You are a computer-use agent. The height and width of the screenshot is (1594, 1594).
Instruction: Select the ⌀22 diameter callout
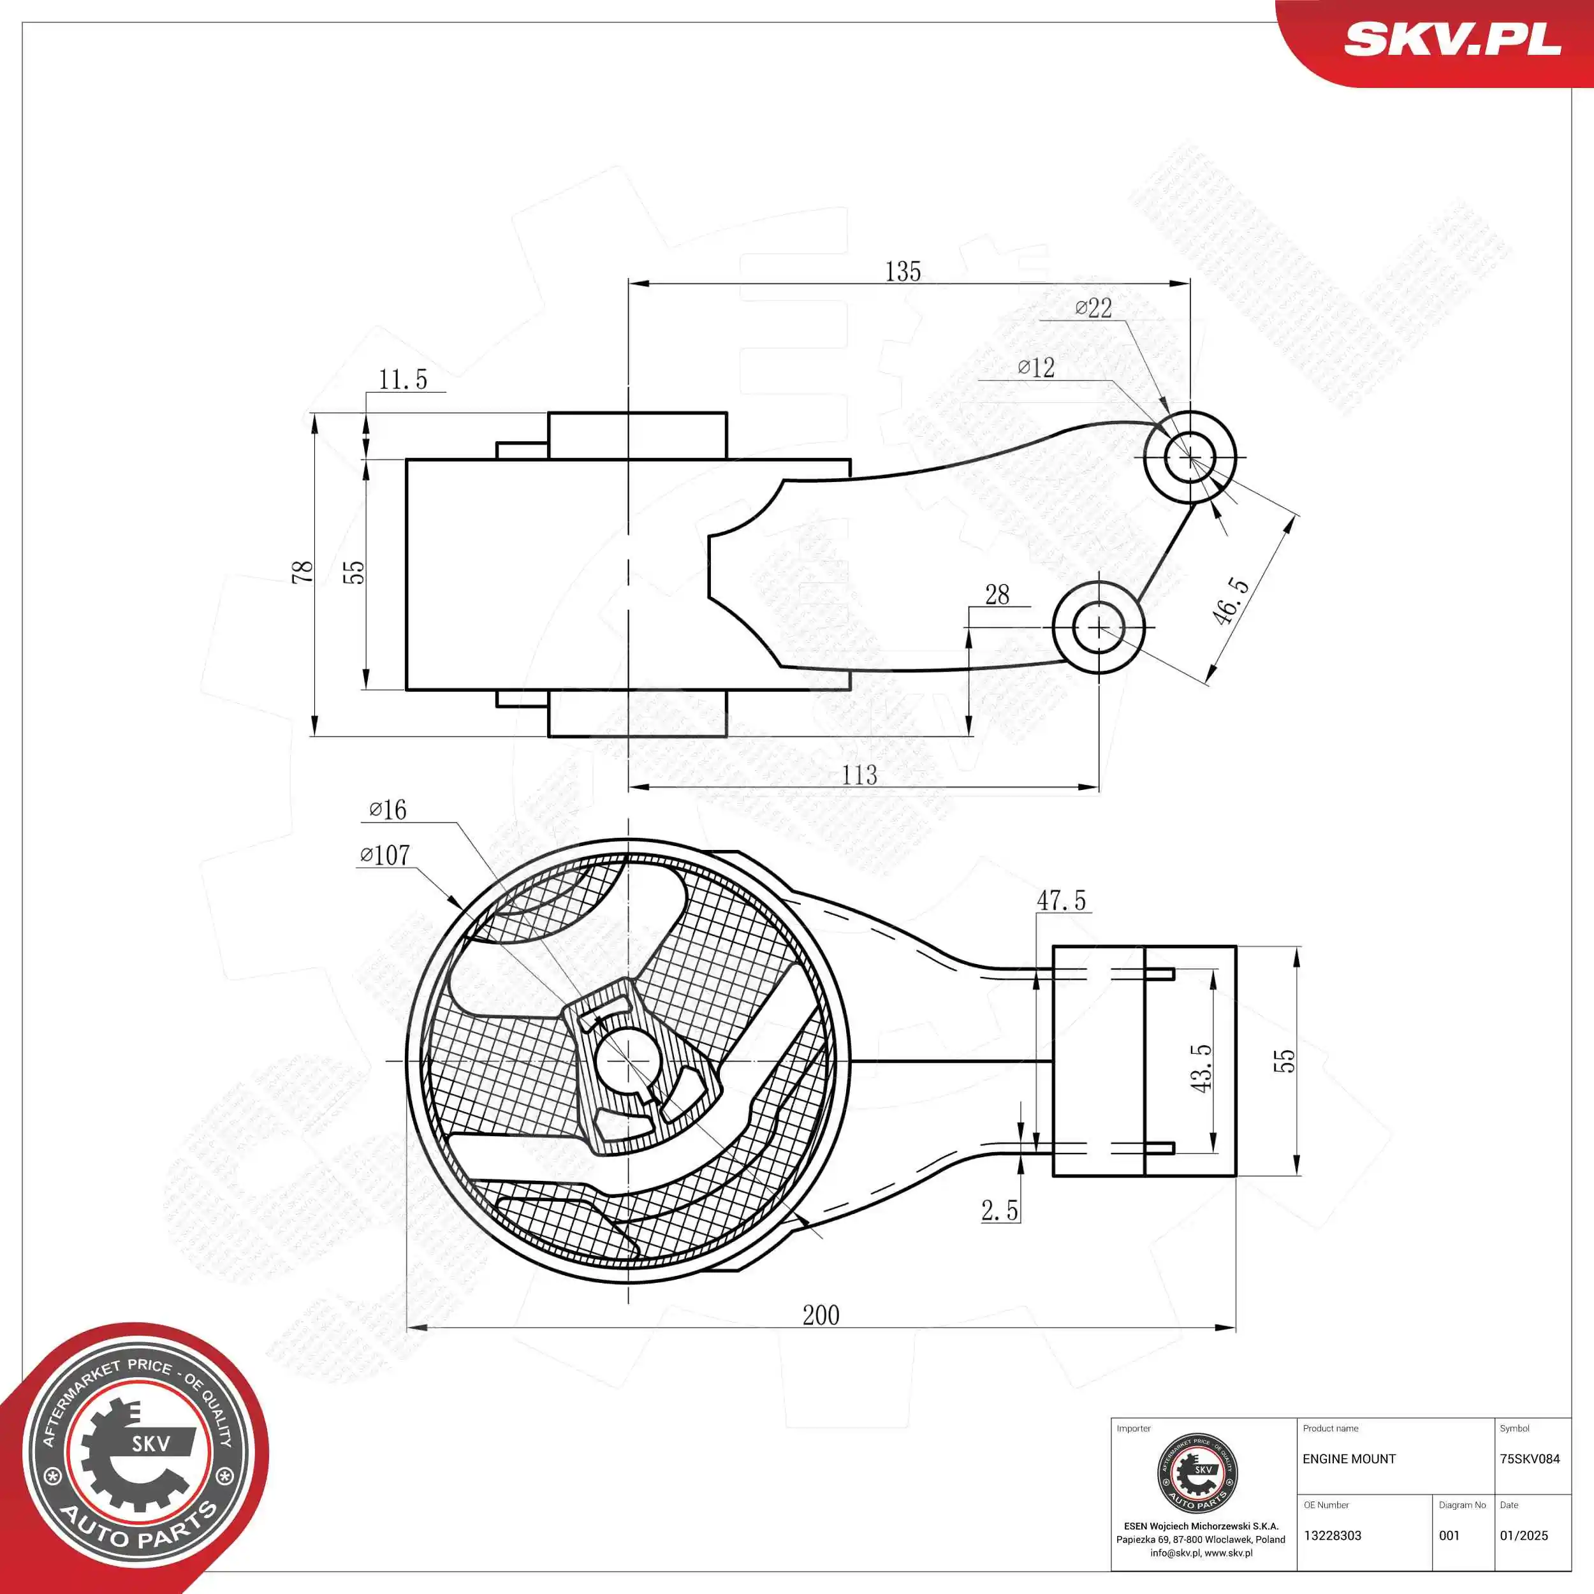pos(1093,309)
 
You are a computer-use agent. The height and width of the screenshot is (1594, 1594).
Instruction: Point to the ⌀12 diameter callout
pos(1035,367)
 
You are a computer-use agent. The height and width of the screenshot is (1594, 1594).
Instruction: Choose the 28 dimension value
pos(997,594)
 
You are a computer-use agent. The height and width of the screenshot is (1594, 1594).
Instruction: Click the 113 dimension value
pos(859,775)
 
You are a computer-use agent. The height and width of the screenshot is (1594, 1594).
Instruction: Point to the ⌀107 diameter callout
pos(384,855)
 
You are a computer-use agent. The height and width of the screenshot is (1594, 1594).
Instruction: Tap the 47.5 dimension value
pos(1061,900)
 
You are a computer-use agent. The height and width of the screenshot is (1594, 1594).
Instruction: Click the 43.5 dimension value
pos(1201,1069)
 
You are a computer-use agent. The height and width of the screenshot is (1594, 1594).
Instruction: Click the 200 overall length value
pos(821,1315)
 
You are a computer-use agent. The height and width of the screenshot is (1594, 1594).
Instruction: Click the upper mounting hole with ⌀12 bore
pos(1190,457)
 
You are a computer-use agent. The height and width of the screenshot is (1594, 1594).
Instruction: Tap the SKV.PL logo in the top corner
pos(1452,40)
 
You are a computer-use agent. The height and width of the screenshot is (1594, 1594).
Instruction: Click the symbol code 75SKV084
pos(1530,1459)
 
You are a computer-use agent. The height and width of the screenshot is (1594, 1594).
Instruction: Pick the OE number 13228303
pos(1333,1535)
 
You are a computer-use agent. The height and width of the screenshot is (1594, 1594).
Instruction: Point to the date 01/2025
pos(1524,1535)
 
